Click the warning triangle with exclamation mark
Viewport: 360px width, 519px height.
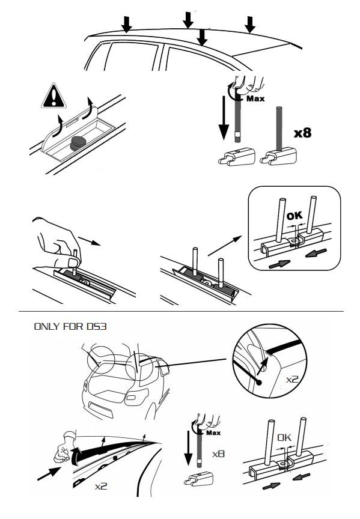tap(53, 96)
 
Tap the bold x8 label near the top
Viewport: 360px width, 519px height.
tap(303, 133)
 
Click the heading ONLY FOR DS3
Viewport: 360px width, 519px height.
tap(70, 326)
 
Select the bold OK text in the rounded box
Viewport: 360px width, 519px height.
tap(294, 216)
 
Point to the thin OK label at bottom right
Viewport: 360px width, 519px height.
tap(284, 437)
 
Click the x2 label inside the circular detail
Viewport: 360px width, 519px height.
tap(292, 379)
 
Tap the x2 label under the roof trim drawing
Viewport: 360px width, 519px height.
tap(101, 486)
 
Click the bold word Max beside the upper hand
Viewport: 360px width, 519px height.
tap(255, 99)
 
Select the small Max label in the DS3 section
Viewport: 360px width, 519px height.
tap(213, 432)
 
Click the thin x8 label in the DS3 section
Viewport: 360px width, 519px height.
tap(218, 454)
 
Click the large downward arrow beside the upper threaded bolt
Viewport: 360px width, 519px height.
tap(224, 118)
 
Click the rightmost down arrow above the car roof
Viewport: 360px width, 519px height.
tap(249, 25)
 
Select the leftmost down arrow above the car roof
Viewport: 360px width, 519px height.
tap(126, 24)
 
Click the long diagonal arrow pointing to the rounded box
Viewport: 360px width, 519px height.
tap(225, 246)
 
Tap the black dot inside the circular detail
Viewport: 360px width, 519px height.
tap(258, 382)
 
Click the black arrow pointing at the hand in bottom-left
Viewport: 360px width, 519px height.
tap(49, 473)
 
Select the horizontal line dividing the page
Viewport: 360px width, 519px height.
tap(181, 312)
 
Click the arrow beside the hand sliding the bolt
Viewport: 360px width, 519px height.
tap(90, 241)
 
